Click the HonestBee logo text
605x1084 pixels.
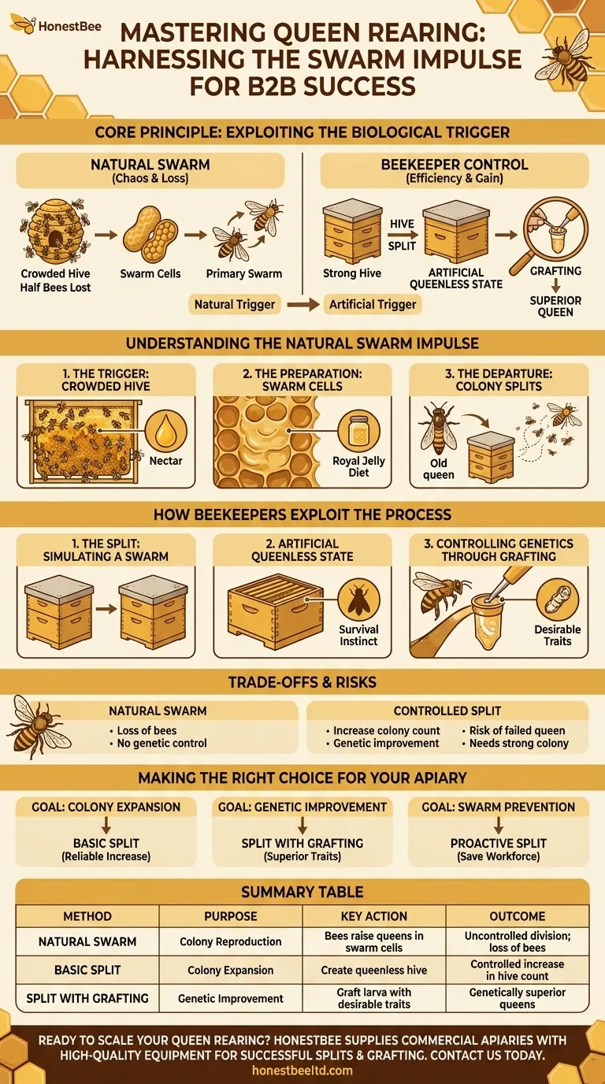pos(69,26)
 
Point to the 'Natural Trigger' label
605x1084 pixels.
pos(234,304)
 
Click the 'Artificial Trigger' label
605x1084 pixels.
pos(373,304)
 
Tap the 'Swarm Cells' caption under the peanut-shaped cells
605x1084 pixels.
pos(150,273)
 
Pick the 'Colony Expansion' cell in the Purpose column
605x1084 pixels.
pos(230,970)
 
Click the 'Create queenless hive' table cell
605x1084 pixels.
pos(374,970)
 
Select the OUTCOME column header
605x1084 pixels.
pos(517,916)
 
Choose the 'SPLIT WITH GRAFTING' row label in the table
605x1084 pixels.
pos(87,998)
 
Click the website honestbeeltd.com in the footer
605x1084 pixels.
pos(302,1070)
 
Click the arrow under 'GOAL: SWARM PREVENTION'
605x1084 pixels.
pos(499,825)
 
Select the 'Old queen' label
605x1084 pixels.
pos(439,469)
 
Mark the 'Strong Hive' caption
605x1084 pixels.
pos(352,273)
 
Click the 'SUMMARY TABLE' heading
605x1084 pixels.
pos(302,892)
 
